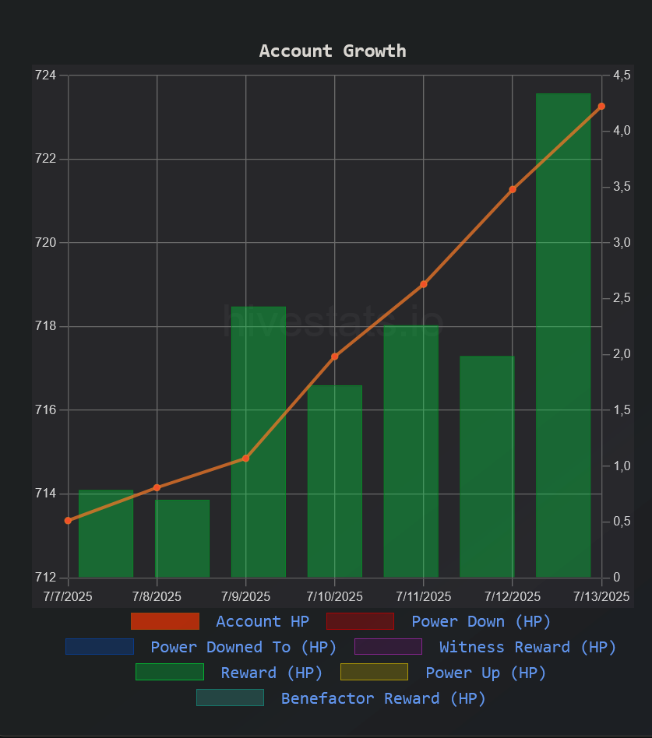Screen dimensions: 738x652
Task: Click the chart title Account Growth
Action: click(x=333, y=51)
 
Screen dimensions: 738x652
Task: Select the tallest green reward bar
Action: click(x=563, y=335)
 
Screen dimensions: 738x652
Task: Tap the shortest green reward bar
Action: click(x=182, y=538)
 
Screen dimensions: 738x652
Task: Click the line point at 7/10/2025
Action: click(x=335, y=357)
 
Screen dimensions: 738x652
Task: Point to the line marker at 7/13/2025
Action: click(x=601, y=106)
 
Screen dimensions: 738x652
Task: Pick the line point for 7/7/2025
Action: click(x=68, y=521)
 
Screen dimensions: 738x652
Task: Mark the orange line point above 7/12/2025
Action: click(x=513, y=189)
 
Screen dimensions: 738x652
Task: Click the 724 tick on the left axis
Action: click(x=46, y=76)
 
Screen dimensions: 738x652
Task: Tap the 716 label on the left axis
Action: click(x=46, y=410)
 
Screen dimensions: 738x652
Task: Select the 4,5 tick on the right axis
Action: click(x=622, y=76)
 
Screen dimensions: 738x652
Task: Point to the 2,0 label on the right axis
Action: click(x=622, y=354)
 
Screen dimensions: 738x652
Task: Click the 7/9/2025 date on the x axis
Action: click(x=246, y=597)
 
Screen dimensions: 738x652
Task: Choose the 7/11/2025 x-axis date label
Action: click(x=424, y=597)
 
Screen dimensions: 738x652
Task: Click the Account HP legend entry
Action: click(x=263, y=621)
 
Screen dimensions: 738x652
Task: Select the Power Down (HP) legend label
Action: click(x=481, y=621)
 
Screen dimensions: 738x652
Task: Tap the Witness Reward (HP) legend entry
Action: click(x=527, y=647)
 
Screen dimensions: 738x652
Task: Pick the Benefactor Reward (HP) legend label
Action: click(x=383, y=698)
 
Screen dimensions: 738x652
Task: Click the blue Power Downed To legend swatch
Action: click(x=100, y=647)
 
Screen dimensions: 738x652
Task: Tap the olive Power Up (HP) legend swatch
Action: click(x=374, y=673)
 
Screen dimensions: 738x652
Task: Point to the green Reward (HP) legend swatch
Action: click(x=170, y=673)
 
